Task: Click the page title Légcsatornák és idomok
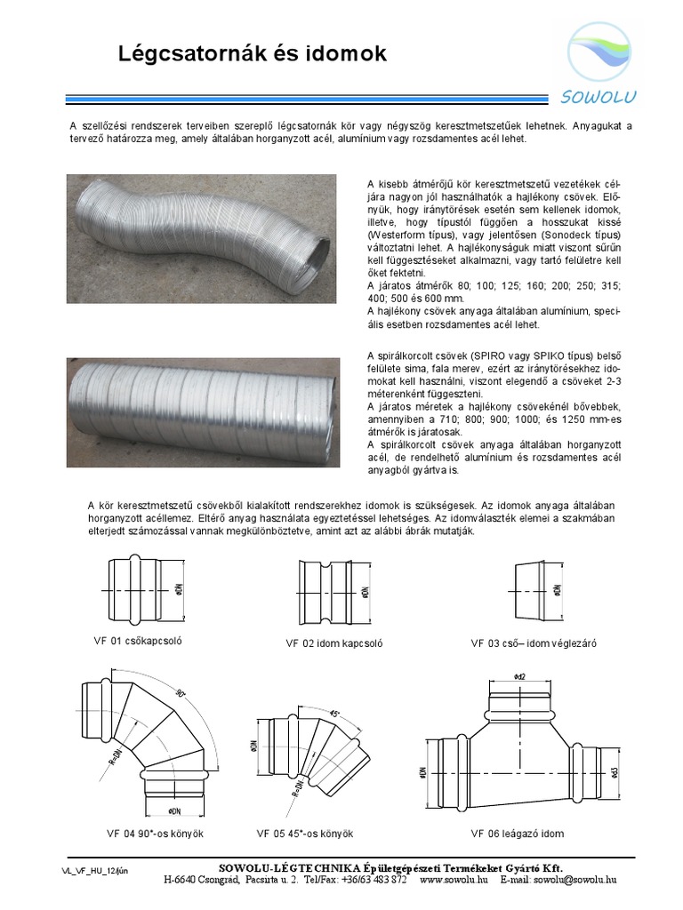[253, 55]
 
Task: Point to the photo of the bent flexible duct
[202, 238]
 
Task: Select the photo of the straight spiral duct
[202, 411]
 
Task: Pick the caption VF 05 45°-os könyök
[305, 834]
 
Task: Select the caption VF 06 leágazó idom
[518, 834]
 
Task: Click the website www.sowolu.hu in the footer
[454, 880]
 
